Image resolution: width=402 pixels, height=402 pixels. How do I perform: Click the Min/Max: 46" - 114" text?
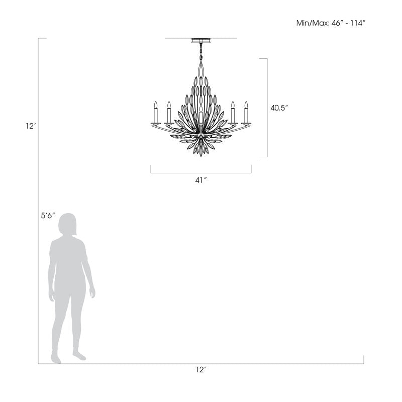331,23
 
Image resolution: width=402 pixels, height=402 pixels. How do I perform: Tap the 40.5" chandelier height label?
280,108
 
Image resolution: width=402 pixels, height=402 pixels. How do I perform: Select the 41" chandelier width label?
201,180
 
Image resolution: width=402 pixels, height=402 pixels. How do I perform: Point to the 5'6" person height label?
48,216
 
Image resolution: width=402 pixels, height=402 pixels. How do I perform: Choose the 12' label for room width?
201,369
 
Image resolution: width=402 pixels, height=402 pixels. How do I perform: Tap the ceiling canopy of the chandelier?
201,41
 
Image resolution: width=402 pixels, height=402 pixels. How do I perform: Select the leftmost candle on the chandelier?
156,113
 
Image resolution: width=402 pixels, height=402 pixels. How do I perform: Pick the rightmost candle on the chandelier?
246,113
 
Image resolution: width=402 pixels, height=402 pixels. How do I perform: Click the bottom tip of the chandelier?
201,154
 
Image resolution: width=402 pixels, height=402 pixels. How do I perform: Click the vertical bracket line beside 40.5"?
267,108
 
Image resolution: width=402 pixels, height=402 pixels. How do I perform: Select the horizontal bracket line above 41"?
201,173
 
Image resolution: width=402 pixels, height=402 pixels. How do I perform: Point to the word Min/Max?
311,23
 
